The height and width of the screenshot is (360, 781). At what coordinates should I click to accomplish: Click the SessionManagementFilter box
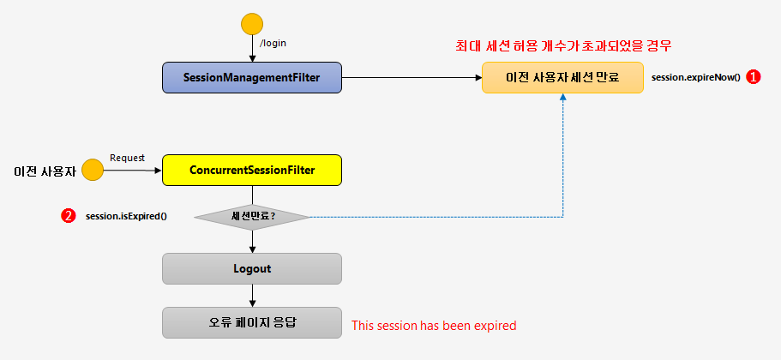(252, 78)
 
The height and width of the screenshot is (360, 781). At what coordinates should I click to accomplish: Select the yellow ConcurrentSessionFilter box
(252, 171)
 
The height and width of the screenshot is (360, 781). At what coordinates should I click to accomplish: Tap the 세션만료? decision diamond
(252, 216)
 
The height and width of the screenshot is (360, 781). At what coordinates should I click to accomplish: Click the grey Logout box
(252, 268)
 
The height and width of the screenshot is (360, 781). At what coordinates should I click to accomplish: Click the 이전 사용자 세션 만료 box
(562, 77)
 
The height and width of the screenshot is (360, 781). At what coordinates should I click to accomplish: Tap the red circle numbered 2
(68, 216)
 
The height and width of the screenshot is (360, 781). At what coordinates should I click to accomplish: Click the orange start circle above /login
(252, 24)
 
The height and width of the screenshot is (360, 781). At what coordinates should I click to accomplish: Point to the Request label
(128, 158)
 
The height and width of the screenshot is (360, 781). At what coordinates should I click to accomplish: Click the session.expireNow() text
(695, 78)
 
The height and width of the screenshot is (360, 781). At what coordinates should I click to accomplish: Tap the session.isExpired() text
(126, 216)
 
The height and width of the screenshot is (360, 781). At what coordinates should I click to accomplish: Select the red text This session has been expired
(434, 326)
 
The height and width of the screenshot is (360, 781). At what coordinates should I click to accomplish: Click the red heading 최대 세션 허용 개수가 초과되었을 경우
(562, 45)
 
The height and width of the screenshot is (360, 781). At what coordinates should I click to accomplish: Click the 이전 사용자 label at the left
(45, 171)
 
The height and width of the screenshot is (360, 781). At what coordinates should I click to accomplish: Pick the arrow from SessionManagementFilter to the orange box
(412, 78)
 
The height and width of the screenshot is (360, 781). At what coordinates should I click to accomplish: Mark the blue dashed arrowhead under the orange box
(562, 99)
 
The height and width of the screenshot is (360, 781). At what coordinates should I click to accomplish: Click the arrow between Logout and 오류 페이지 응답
(252, 296)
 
